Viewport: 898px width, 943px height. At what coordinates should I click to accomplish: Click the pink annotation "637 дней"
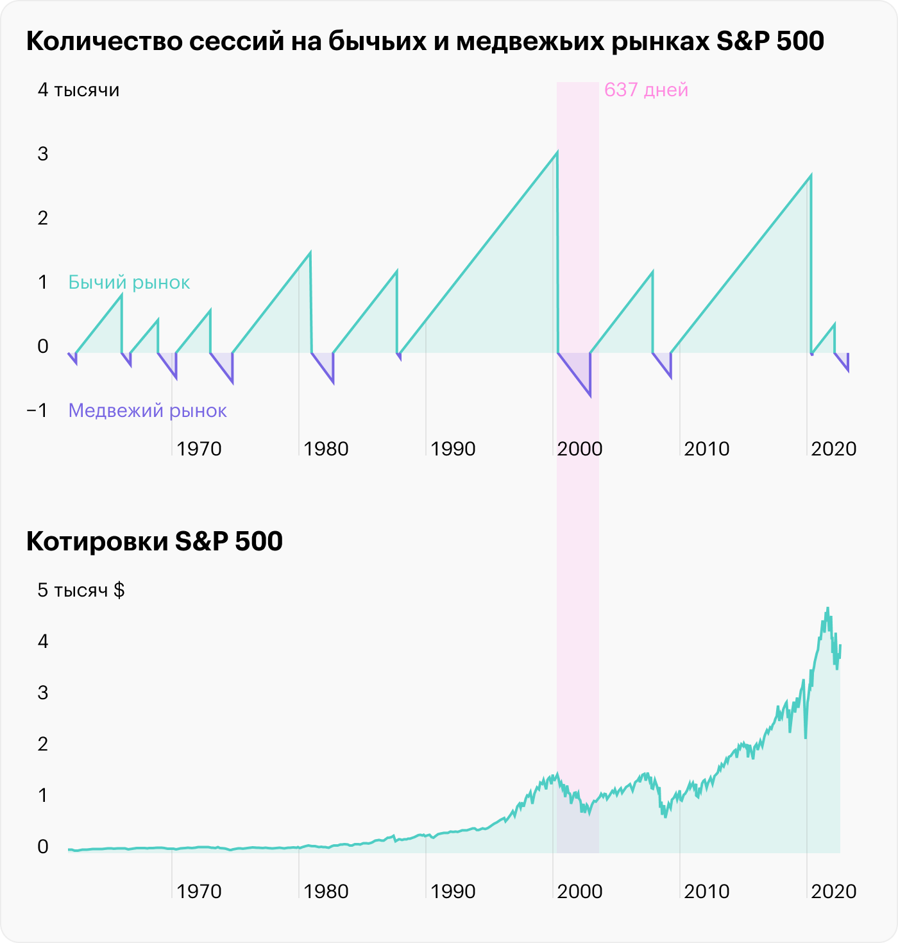[646, 90]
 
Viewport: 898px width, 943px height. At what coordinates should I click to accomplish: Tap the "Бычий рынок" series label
[129, 282]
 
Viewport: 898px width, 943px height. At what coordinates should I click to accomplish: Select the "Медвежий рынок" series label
[148, 411]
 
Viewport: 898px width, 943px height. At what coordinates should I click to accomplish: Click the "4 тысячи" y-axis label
[78, 90]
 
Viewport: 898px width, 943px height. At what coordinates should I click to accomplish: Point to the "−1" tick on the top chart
[37, 411]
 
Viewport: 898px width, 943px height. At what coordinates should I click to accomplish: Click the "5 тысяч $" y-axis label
[81, 590]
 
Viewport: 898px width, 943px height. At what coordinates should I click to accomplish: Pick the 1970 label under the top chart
[199, 449]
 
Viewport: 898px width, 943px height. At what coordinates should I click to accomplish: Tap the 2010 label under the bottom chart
[706, 892]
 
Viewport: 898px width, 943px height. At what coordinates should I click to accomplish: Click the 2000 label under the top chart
[579, 449]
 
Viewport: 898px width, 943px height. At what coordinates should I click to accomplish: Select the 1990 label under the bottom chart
[453, 892]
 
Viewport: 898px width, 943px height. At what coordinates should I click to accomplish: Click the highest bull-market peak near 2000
[557, 152]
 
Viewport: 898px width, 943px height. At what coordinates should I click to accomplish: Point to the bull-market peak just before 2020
[811, 175]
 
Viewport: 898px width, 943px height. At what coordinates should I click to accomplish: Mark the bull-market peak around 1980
[310, 253]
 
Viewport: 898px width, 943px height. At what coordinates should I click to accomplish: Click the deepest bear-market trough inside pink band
[589, 396]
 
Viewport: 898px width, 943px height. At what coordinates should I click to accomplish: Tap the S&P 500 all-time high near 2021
[827, 608]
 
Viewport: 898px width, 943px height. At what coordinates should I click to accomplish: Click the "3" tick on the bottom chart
[43, 693]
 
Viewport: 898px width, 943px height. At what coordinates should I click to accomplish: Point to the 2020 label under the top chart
[833, 449]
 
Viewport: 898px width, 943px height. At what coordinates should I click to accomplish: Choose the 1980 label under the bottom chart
[326, 892]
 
